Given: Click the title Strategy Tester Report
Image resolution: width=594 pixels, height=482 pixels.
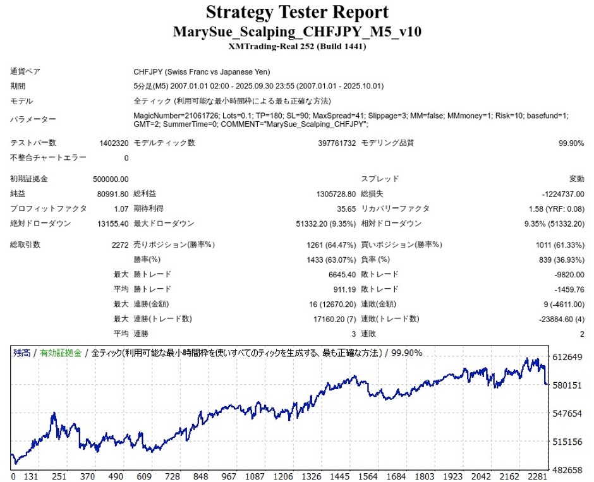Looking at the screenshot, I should pos(296,12).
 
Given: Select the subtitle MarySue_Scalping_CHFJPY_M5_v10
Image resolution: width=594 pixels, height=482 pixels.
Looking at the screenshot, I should pos(297,32).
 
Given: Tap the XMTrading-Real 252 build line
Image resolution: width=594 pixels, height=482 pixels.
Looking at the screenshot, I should pos(297,46).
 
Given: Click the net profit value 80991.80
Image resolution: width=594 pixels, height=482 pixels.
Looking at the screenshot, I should pos(114,193).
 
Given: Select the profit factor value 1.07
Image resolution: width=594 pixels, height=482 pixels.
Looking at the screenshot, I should pos(121,208).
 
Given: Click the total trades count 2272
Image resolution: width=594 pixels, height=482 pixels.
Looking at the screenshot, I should pos(119,244).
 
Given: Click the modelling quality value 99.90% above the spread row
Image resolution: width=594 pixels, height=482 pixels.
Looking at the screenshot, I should pos(571,143).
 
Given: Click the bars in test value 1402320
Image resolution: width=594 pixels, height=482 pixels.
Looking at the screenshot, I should pos(114,143).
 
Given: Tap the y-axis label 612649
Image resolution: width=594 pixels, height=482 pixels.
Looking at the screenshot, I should pos(566,358).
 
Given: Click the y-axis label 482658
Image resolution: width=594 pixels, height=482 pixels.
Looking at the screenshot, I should pos(566,471).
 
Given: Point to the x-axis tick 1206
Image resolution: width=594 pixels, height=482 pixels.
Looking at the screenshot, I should pos(284,476).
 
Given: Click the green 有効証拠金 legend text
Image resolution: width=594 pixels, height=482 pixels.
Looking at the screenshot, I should pos(61,353).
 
